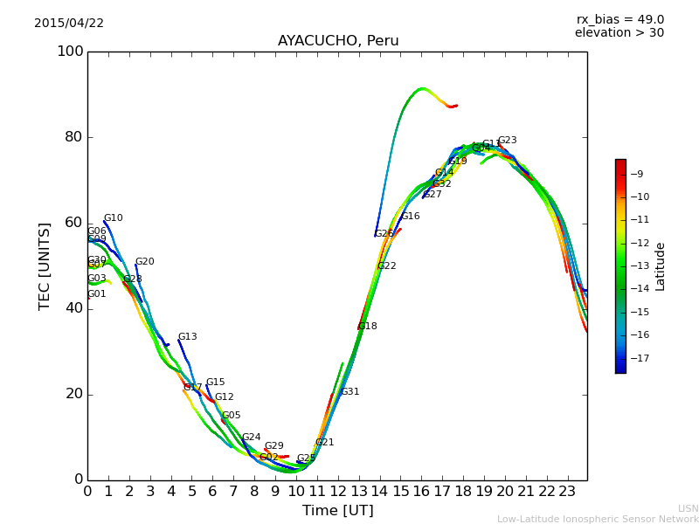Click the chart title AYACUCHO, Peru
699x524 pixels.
click(338, 41)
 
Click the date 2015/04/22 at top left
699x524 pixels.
click(69, 24)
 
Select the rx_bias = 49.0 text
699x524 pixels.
click(620, 20)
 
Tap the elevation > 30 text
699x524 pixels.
click(619, 33)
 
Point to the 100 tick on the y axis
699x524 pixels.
click(70, 52)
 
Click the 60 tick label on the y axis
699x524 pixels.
click(74, 223)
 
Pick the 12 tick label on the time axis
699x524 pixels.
click(338, 492)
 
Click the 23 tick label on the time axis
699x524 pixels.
click(567, 492)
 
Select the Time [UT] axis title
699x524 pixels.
click(338, 511)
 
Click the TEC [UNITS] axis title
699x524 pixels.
click(45, 265)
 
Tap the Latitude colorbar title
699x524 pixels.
click(661, 265)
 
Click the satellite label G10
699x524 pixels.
click(114, 218)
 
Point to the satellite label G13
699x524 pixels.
click(188, 337)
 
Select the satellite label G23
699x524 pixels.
click(507, 141)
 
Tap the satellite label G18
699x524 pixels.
click(368, 327)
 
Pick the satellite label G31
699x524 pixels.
click(350, 392)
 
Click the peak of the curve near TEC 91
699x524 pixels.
click(423, 88)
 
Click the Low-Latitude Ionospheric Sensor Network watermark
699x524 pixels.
click(598, 520)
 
